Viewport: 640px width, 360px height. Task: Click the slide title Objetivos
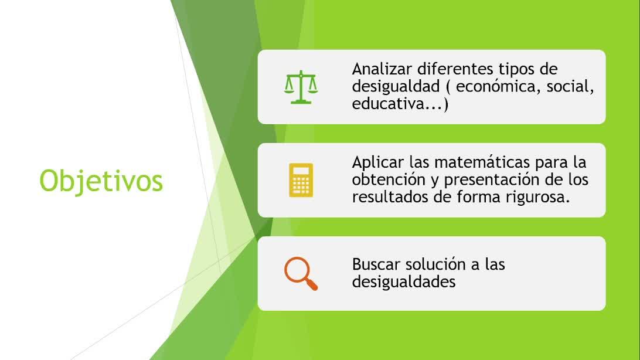[101, 181]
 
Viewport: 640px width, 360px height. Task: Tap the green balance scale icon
[301, 87]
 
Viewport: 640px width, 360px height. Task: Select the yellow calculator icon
[301, 180]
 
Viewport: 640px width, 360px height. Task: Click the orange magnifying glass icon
[301, 273]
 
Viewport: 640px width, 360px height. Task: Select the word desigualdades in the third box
[404, 281]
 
